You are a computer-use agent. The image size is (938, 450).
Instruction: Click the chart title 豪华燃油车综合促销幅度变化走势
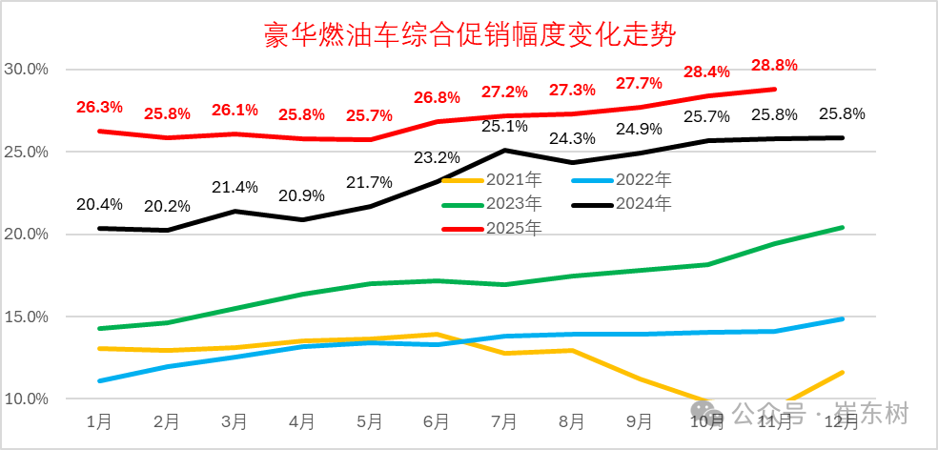(x=469, y=36)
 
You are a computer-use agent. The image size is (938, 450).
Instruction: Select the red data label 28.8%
(x=774, y=65)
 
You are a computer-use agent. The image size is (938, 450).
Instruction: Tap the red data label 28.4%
(x=706, y=72)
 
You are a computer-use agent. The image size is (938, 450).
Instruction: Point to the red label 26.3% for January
(x=99, y=107)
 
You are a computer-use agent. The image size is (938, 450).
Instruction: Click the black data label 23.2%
(x=437, y=157)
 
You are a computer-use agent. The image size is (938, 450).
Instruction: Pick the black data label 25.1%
(x=504, y=126)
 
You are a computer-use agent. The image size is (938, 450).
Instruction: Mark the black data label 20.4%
(x=99, y=204)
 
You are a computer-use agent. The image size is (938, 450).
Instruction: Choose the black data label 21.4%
(x=234, y=187)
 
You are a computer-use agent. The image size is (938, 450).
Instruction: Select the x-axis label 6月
(x=436, y=420)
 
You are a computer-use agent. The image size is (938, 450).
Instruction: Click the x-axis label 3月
(x=234, y=420)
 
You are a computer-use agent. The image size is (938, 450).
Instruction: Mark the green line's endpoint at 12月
(x=842, y=227)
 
